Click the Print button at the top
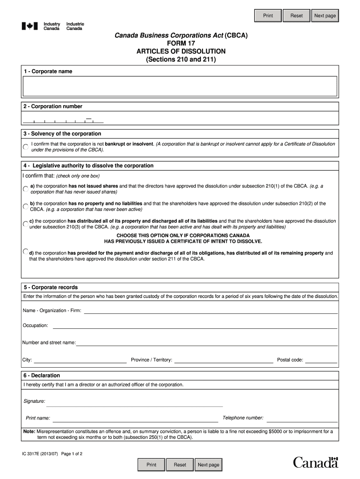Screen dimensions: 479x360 (x=268, y=16)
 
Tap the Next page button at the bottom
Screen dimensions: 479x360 (x=208, y=464)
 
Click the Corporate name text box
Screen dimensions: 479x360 (x=180, y=87)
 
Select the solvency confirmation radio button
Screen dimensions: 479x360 (x=25, y=147)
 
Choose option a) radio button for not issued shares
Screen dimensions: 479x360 (x=25, y=189)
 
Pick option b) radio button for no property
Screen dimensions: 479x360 (x=25, y=206)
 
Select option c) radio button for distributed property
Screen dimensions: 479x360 (x=25, y=223)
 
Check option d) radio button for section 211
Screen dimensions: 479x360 (x=26, y=252)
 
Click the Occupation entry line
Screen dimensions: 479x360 (x=195, y=326)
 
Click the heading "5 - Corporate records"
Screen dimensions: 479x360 (x=51, y=287)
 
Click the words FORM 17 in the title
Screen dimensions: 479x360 (x=180, y=43)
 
